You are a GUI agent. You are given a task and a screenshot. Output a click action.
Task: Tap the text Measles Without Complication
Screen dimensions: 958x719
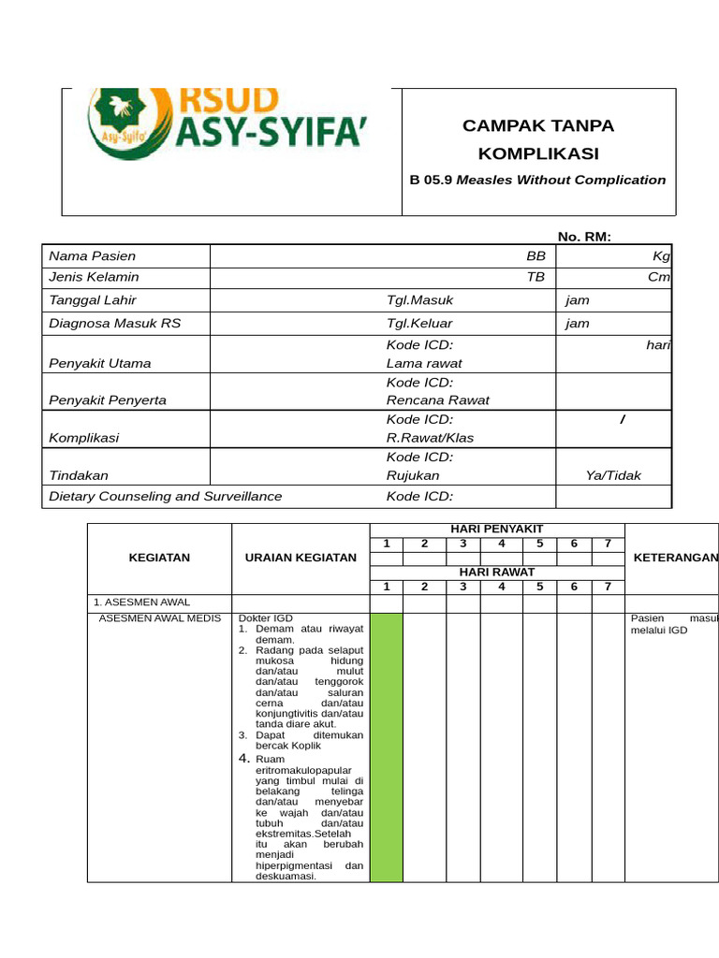pyautogui.click(x=565, y=180)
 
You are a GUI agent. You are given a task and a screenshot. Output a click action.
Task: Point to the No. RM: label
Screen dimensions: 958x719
pyautogui.click(x=584, y=237)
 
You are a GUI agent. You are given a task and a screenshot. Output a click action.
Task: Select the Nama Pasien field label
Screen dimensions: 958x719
pyautogui.click(x=92, y=255)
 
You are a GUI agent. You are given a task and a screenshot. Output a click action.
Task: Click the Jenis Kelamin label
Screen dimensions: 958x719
pyautogui.click(x=94, y=276)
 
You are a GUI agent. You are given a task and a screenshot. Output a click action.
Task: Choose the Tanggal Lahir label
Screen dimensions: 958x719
pyautogui.click(x=93, y=300)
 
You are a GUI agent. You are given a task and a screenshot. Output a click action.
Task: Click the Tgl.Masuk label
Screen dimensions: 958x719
pyautogui.click(x=419, y=300)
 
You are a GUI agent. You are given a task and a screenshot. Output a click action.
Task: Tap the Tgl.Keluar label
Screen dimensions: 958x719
pyautogui.click(x=419, y=324)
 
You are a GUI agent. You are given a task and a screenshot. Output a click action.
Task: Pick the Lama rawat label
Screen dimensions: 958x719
pyautogui.click(x=424, y=363)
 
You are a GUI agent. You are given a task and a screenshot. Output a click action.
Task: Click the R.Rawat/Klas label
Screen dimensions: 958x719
pyautogui.click(x=431, y=437)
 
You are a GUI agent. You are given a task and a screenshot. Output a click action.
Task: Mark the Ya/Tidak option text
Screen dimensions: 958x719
pyautogui.click(x=613, y=475)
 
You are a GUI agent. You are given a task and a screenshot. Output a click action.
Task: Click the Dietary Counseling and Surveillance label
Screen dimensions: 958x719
pyautogui.click(x=165, y=496)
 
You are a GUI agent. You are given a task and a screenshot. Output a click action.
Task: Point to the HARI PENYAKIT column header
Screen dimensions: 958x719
pyautogui.click(x=497, y=530)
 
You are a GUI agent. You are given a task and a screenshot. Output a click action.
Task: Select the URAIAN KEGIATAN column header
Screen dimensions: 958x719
pyautogui.click(x=301, y=558)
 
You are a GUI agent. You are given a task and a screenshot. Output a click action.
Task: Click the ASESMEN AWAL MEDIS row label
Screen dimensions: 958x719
pyautogui.click(x=160, y=618)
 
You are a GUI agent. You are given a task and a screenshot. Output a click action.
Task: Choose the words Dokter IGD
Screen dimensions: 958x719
pyautogui.click(x=266, y=618)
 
